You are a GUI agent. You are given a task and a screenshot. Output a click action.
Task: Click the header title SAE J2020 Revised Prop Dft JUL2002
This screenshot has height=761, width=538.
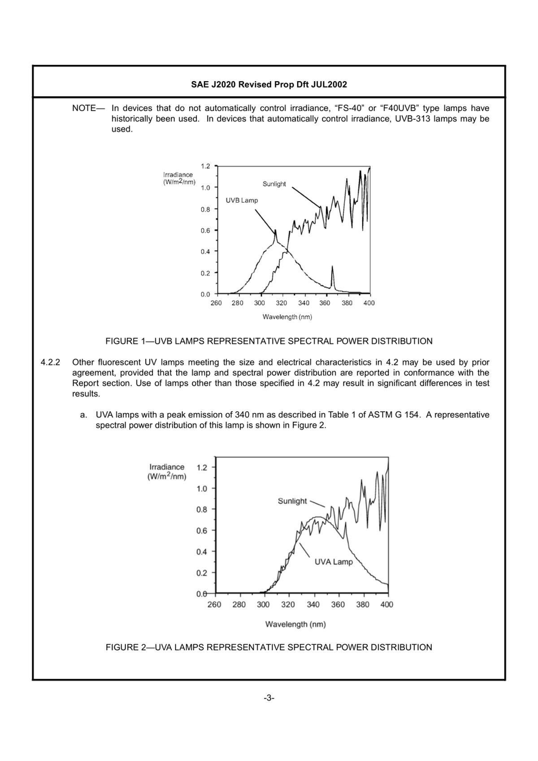(x=269, y=84)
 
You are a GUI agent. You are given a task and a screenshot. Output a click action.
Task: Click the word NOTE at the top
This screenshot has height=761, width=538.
(x=84, y=108)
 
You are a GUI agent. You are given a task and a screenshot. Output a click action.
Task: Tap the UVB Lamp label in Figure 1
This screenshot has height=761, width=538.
(x=242, y=200)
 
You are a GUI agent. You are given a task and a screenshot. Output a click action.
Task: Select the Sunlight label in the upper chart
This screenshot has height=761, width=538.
(x=274, y=184)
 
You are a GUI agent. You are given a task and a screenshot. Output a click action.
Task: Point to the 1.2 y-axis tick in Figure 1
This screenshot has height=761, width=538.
(x=205, y=166)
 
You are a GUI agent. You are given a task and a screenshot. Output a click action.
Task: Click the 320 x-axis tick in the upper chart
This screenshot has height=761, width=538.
(x=281, y=303)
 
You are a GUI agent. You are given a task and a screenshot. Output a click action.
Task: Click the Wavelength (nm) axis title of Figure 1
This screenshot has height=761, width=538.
(x=287, y=317)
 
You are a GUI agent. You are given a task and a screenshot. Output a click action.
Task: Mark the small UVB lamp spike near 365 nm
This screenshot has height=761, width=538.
(x=332, y=269)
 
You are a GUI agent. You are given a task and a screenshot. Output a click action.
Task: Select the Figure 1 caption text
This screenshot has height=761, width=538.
(x=269, y=341)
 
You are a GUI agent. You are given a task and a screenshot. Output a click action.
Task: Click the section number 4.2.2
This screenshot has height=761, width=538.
(x=50, y=362)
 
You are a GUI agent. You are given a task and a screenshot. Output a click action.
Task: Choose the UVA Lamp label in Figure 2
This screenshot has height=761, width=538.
(x=334, y=562)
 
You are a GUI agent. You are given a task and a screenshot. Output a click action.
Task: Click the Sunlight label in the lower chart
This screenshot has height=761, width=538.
(x=292, y=501)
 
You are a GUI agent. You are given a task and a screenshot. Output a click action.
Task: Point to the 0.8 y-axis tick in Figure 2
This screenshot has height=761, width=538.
(x=202, y=509)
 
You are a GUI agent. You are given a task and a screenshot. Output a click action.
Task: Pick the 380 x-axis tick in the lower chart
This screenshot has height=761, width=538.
(x=363, y=604)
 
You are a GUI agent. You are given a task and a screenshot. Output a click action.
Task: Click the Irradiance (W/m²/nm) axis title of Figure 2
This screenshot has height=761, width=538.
(x=167, y=472)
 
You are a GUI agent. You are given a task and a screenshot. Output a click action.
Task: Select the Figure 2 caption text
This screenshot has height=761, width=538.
(x=269, y=648)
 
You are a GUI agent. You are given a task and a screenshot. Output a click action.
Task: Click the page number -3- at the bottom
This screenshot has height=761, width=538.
(x=269, y=698)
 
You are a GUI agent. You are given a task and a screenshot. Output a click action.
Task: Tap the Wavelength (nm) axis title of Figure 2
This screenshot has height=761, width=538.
(x=295, y=624)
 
